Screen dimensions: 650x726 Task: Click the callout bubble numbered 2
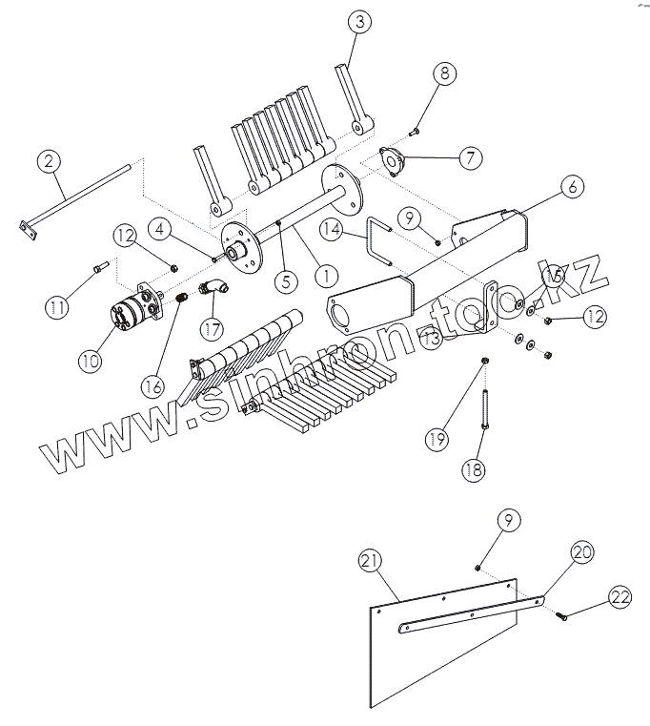(50, 161)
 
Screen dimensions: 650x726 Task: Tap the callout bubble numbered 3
(357, 23)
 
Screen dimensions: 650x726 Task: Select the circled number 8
(446, 73)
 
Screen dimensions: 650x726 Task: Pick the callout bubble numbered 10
(91, 360)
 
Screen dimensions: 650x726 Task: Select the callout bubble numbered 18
(474, 468)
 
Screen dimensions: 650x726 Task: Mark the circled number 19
(436, 438)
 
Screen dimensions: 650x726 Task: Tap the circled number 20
(581, 551)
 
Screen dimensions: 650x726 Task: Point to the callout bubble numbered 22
(620, 597)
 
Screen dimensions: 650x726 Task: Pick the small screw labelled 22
(560, 617)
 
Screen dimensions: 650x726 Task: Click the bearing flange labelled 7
(391, 161)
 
